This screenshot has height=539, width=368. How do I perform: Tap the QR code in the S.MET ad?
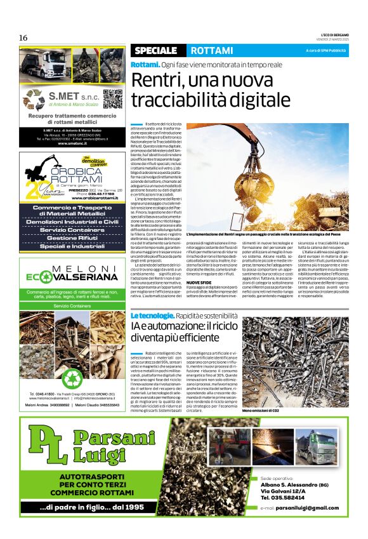click(x=112, y=98)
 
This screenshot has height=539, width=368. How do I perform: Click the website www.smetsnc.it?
click(x=73, y=143)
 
